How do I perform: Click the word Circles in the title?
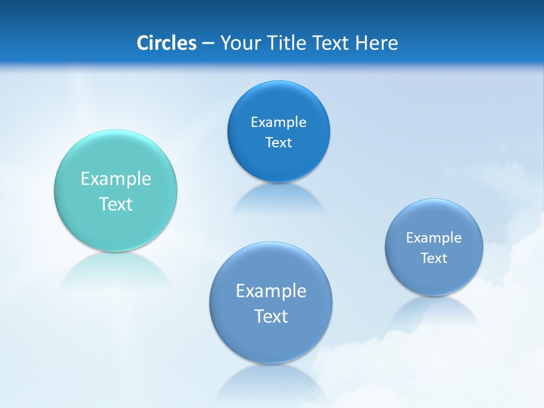click(167, 43)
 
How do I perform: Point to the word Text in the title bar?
click(332, 43)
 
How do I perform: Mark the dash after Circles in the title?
click(208, 44)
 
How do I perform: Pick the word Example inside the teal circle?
click(116, 179)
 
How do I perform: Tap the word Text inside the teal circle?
click(116, 204)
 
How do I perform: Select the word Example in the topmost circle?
click(278, 122)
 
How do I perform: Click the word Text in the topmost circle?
click(278, 143)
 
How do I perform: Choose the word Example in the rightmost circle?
click(433, 238)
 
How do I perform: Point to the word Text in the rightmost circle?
click(433, 258)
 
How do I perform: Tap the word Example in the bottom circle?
click(271, 291)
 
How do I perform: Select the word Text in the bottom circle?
click(271, 316)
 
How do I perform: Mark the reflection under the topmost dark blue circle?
click(278, 198)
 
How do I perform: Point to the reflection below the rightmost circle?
click(433, 312)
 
